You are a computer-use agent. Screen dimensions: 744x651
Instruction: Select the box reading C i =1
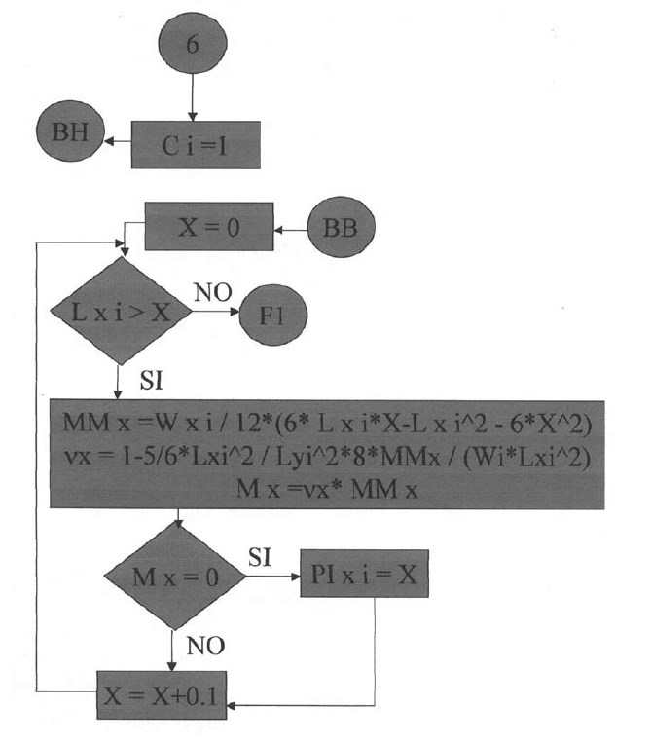pyautogui.click(x=196, y=144)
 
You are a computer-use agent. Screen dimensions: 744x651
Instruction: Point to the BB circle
pyautogui.click(x=340, y=232)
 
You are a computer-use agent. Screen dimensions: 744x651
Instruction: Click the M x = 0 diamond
pyautogui.click(x=175, y=577)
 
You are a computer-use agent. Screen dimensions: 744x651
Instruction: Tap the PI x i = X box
pyautogui.click(x=365, y=577)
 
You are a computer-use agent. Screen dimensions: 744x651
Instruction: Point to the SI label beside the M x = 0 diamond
pyautogui.click(x=260, y=558)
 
